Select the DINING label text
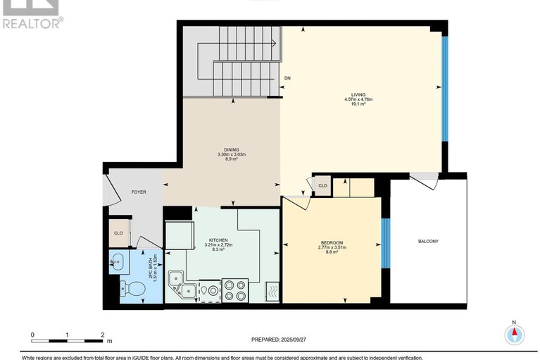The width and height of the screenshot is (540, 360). (231, 149)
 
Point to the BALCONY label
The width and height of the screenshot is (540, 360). (428, 242)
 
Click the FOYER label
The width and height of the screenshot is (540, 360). (138, 192)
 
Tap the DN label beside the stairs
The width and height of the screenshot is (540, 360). (287, 78)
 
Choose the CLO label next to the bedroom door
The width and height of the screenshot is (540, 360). (322, 185)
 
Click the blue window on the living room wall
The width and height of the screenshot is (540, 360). (444, 88)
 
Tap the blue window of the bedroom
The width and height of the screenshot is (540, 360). (384, 243)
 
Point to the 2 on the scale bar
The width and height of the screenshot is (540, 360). (103, 335)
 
